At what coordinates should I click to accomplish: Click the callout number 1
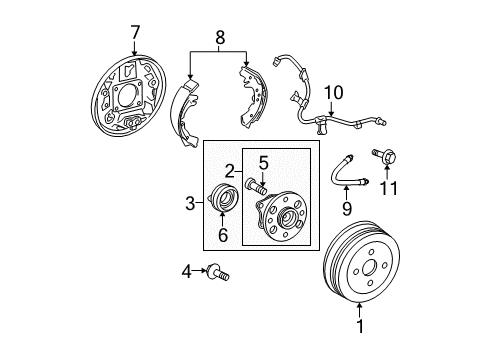tap(360, 325)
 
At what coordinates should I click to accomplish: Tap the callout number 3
tap(189, 204)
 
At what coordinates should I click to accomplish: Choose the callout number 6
tap(221, 235)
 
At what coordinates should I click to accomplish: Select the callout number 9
tap(347, 209)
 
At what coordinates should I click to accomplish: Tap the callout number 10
tap(334, 94)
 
